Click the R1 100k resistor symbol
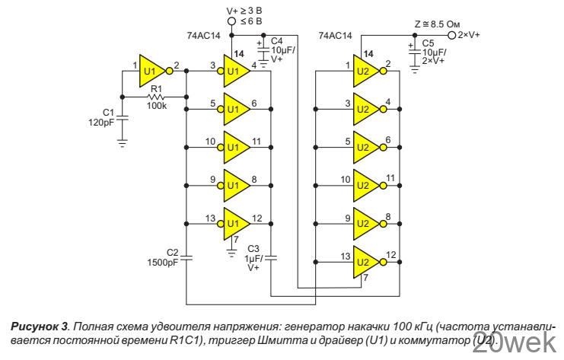tap(157, 97)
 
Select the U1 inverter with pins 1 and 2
tap(151, 74)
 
